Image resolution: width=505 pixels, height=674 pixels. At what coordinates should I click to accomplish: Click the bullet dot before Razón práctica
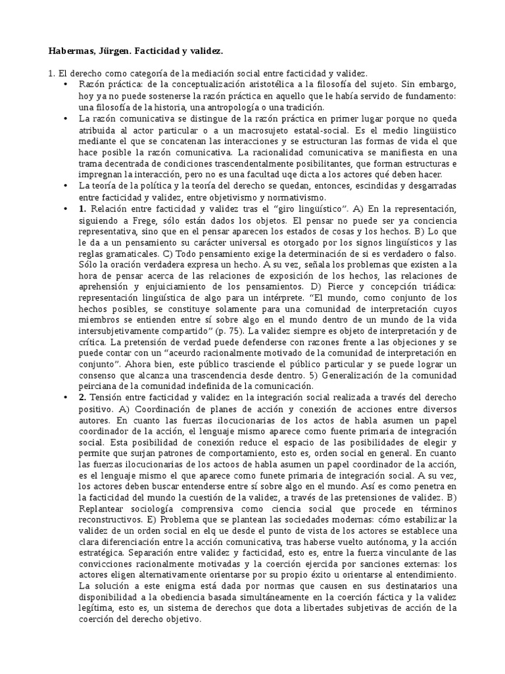click(x=66, y=86)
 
